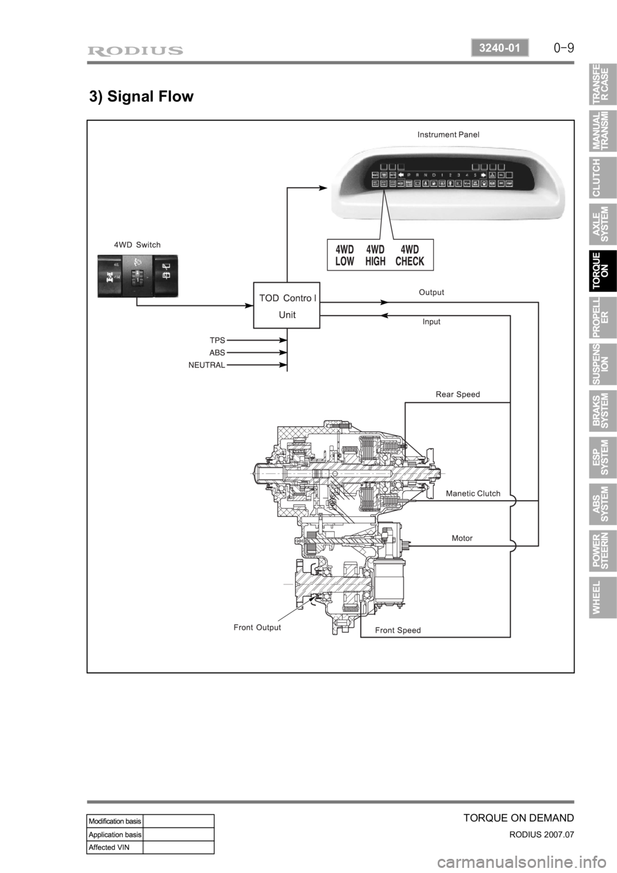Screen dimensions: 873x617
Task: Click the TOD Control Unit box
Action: click(287, 305)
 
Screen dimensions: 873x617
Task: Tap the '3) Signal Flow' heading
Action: click(141, 97)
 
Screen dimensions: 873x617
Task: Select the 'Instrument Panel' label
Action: click(448, 135)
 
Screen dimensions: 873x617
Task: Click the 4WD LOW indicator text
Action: click(345, 255)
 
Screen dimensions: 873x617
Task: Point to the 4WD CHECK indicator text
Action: click(409, 255)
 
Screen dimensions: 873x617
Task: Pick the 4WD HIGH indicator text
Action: click(375, 255)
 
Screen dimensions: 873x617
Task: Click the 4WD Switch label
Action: click(137, 245)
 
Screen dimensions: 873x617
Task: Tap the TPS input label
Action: click(217, 339)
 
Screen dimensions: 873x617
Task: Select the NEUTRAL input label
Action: click(207, 364)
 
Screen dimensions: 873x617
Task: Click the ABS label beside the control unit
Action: click(217, 352)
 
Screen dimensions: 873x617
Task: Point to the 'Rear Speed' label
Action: click(458, 395)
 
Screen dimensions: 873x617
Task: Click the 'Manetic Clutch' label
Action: click(472, 494)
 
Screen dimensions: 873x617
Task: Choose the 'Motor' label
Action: click(462, 538)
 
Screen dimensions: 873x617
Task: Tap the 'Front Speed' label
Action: click(398, 631)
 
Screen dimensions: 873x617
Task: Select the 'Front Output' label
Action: click(257, 627)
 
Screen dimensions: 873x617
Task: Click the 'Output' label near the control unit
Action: click(431, 292)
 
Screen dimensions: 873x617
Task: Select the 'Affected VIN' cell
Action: click(114, 847)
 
